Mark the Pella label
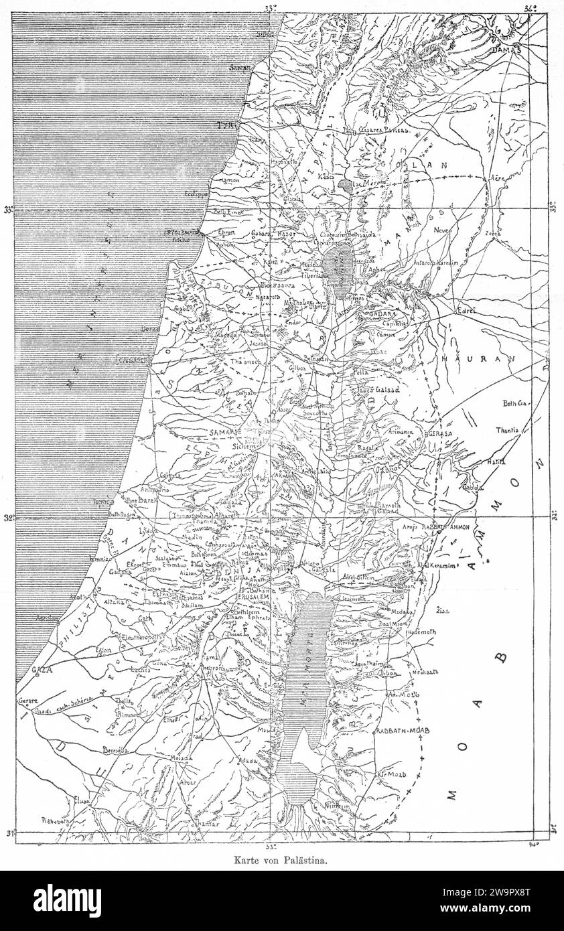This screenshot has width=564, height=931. [x=362, y=370]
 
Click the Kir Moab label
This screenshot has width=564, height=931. [x=393, y=774]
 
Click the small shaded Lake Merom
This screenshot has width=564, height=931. [x=345, y=184]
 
